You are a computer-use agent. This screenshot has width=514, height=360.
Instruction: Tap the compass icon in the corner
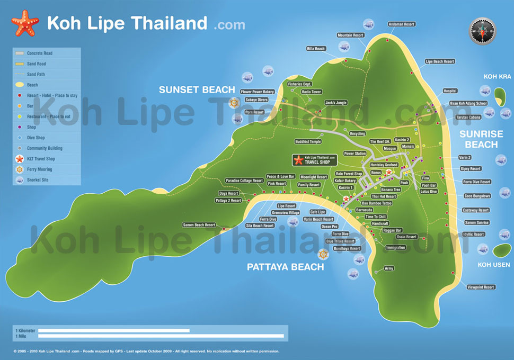click(482, 31)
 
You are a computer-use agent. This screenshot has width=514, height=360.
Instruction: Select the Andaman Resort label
click(401, 24)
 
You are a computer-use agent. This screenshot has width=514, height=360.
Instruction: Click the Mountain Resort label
click(351, 35)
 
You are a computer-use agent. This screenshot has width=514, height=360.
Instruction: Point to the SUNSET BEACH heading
click(197, 90)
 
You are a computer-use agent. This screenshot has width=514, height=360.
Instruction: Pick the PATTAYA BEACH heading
click(285, 267)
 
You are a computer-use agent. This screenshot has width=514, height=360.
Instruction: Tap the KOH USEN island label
click(493, 265)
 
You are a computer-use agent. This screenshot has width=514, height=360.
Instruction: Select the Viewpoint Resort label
click(481, 287)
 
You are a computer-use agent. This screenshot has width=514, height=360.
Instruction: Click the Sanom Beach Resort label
click(199, 225)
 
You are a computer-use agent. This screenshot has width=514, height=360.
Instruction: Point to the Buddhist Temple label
click(308, 142)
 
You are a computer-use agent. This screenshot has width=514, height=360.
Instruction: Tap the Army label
click(389, 268)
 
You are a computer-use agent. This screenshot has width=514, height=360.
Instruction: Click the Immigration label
click(395, 247)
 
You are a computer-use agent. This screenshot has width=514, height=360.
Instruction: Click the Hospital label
click(450, 91)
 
